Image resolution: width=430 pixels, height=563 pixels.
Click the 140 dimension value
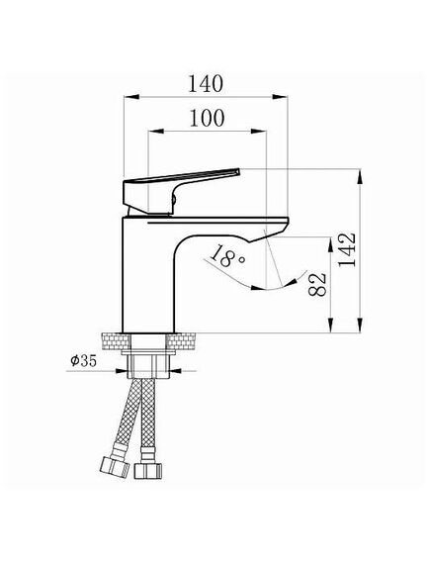pos(206,84)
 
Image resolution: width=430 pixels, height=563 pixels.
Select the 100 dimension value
pos(207,118)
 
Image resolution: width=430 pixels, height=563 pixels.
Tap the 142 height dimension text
pos(348,249)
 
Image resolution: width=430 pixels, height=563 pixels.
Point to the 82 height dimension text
pos(317,284)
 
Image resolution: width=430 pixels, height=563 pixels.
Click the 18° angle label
pos(226,255)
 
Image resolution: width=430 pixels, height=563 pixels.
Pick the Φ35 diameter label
pos(84,360)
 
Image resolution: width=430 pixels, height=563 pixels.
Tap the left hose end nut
pos(114,466)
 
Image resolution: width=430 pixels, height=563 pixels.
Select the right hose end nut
pos(148,470)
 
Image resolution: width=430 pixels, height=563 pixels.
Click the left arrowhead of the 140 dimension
pos(131,97)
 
